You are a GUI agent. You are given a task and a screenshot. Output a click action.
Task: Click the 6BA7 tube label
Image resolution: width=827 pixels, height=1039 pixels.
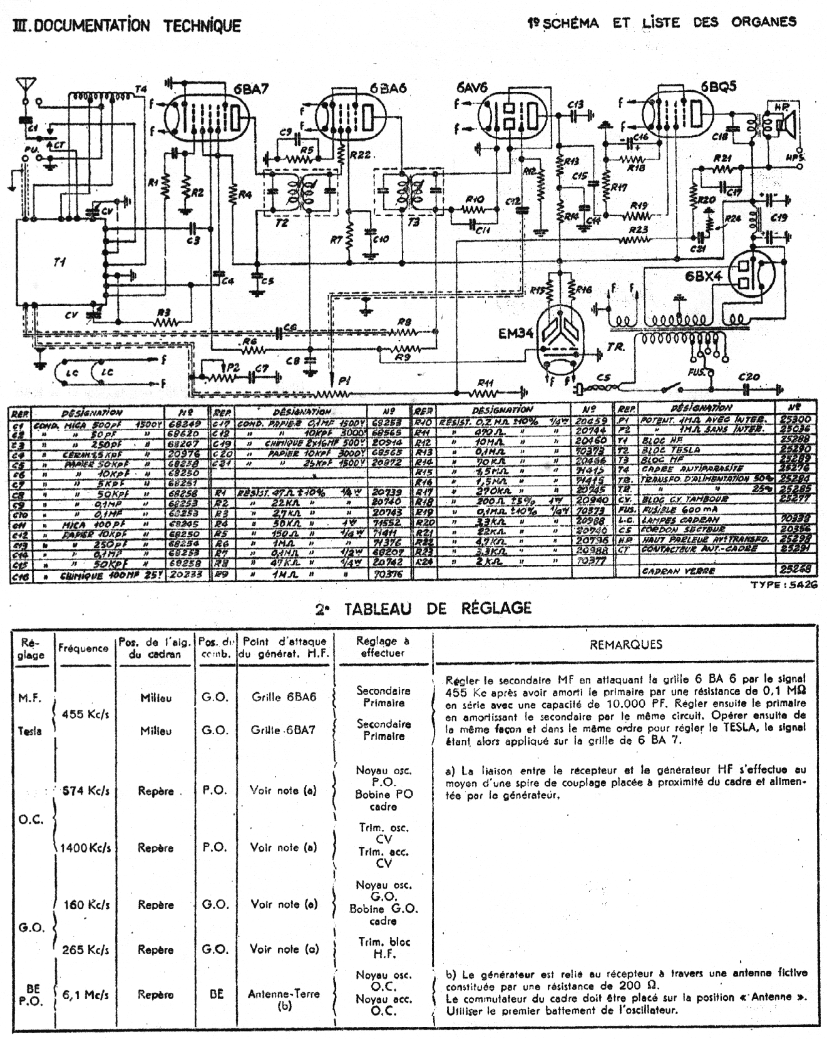252,89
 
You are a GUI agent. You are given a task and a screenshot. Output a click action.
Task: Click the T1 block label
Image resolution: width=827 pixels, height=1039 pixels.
59,262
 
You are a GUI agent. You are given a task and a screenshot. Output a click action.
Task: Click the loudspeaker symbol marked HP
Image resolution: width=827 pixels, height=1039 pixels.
783,122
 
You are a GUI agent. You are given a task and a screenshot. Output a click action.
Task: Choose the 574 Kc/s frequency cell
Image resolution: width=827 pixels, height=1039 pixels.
86,791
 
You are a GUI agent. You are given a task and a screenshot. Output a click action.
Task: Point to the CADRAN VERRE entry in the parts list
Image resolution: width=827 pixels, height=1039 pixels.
679,571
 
